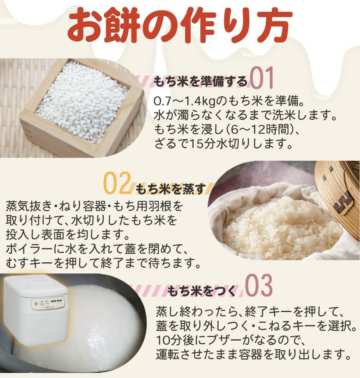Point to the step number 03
tap(259, 287)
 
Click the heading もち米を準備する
tap(201, 81)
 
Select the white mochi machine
tap(36, 310)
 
